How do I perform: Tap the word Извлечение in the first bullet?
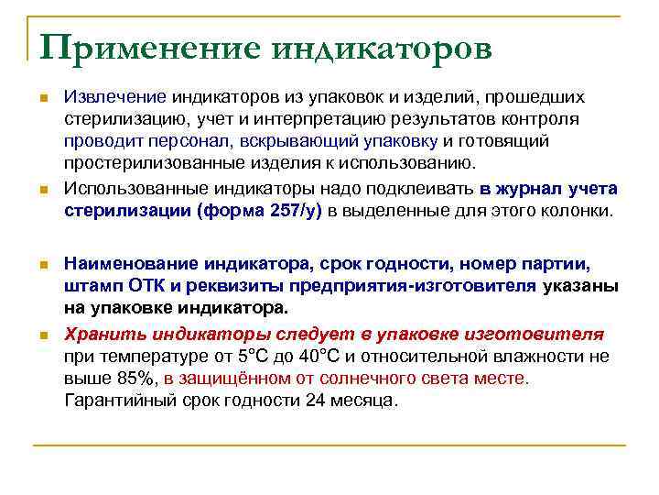pos(114,97)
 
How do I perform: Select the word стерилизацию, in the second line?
pos(121,119)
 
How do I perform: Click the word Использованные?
pos(132,189)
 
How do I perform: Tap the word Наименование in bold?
pos(130,264)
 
